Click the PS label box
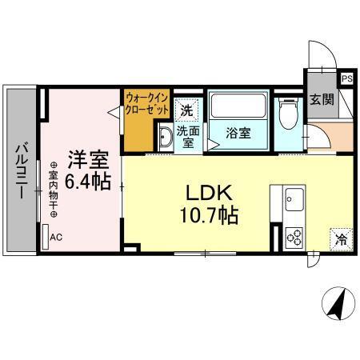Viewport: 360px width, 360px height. click(346, 78)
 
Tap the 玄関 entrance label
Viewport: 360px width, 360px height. click(322, 101)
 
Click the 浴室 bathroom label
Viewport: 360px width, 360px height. click(237, 133)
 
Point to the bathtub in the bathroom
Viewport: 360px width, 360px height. click(237, 106)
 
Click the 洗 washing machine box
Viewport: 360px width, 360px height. click(186, 109)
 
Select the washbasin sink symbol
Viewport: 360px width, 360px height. click(164, 138)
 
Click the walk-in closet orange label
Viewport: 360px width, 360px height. click(146, 103)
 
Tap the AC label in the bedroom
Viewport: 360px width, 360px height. click(56, 238)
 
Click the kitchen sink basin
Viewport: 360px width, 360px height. click(292, 197)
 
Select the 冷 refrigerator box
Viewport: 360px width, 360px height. click(341, 238)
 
